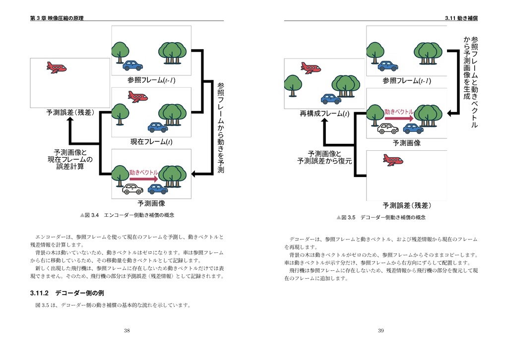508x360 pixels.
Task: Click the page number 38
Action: [127, 330]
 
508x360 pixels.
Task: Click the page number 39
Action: [381, 330]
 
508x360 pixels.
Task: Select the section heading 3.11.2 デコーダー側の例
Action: [66, 293]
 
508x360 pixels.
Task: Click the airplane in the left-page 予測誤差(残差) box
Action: [56, 67]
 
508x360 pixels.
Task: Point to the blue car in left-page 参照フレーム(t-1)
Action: [132, 65]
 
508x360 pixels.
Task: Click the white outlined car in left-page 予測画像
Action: [132, 189]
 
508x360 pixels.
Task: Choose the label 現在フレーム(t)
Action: [151, 142]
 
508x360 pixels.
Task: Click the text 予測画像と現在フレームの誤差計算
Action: [69, 159]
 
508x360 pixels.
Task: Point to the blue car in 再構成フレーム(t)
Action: [331, 99]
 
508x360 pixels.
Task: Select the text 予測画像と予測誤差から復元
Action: [324, 158]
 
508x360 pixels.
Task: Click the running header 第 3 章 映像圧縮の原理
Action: [57, 18]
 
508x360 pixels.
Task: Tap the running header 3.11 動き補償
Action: [461, 18]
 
